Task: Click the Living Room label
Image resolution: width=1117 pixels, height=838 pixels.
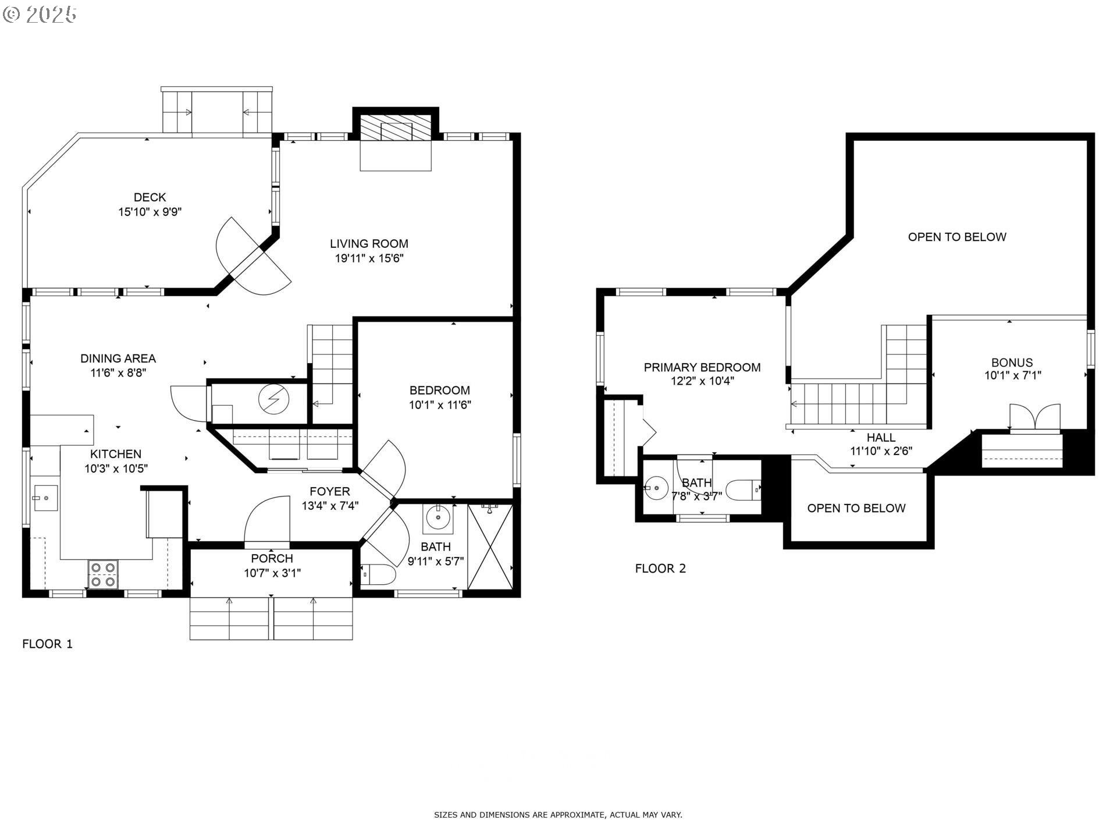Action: tap(369, 244)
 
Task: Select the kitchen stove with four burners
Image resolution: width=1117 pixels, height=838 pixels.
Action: tap(103, 574)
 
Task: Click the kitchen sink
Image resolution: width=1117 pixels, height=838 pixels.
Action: tap(45, 498)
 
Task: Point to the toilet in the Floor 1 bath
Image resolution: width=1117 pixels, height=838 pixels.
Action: tap(378, 574)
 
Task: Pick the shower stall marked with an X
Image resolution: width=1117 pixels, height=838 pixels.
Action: tap(490, 547)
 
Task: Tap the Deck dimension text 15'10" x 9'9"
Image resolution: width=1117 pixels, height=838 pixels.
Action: tap(150, 212)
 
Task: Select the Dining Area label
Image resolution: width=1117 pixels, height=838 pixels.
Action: tap(118, 358)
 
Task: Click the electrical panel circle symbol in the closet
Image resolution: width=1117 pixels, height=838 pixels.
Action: tap(273, 399)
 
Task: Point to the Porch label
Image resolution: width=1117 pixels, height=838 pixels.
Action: tap(272, 559)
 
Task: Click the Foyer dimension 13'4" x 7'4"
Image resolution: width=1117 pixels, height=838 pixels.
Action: tap(330, 506)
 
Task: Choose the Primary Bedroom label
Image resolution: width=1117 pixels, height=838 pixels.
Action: tap(702, 367)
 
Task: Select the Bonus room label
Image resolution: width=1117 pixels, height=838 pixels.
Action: tap(1012, 363)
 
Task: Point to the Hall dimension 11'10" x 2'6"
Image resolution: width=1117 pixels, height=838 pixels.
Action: tap(881, 451)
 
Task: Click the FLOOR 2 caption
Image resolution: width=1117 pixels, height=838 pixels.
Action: tap(660, 569)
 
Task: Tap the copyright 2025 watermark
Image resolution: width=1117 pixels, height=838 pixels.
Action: tap(40, 15)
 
